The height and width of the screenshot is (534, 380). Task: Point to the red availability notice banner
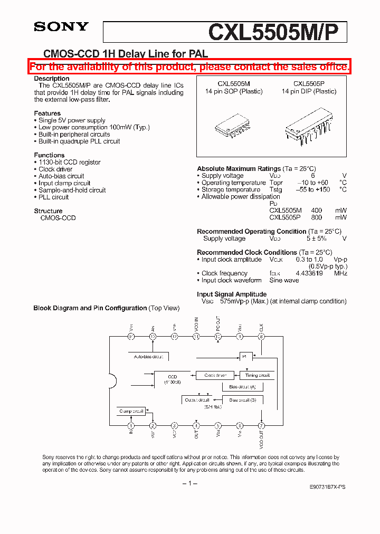[x=189, y=66]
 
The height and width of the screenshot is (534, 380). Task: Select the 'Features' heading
[x=47, y=113]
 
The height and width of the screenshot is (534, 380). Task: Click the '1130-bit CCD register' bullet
[x=69, y=163]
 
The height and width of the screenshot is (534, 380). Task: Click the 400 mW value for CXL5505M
[x=317, y=210]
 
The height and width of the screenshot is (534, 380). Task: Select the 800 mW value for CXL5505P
[x=317, y=217]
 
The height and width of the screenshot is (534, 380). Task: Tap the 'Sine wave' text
[x=284, y=280]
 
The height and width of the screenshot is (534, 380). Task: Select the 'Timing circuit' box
[x=257, y=375]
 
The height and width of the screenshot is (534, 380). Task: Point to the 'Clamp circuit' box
[x=131, y=411]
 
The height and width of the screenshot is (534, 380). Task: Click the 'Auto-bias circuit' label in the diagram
[x=148, y=357]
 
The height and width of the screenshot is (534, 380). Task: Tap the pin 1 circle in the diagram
[x=131, y=425]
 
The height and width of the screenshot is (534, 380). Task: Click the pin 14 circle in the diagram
[x=131, y=336]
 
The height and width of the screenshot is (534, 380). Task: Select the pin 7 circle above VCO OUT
[x=261, y=425]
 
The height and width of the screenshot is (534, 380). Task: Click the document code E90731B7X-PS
[x=328, y=487]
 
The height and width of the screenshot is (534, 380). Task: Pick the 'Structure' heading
[x=48, y=211]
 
